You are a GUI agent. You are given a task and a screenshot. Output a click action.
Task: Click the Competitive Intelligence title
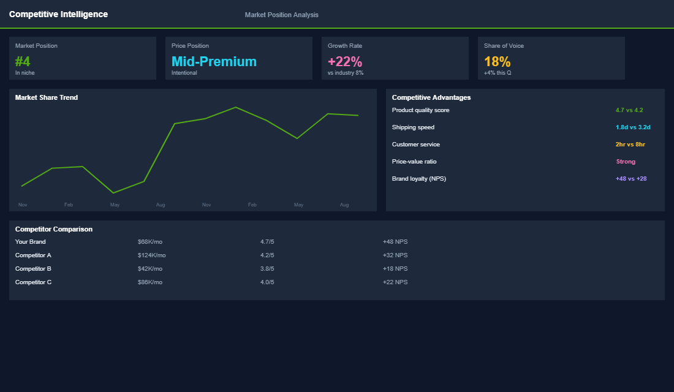[x=58, y=14]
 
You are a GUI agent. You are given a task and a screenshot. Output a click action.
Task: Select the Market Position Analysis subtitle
[x=281, y=15]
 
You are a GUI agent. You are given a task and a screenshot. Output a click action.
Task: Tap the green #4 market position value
[x=23, y=61]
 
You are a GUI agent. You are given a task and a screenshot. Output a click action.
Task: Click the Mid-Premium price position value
[x=214, y=61]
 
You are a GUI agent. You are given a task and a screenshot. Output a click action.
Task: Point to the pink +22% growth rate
[x=345, y=61]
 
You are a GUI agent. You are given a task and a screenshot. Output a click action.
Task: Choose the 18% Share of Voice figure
[x=497, y=61]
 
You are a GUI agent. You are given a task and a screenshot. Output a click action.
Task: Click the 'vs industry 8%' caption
[x=346, y=73]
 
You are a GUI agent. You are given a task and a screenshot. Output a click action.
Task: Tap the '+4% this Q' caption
[x=498, y=73]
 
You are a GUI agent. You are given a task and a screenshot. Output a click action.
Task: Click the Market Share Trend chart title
[x=47, y=97]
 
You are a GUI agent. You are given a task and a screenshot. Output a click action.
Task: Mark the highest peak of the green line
[x=236, y=107]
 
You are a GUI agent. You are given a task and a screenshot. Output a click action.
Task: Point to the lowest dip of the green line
[x=113, y=193]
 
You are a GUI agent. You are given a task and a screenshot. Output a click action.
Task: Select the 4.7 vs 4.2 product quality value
[x=629, y=110]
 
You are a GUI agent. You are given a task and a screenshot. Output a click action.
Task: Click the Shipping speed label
[x=413, y=127]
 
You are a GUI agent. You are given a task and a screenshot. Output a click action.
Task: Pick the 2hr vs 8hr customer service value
[x=630, y=145]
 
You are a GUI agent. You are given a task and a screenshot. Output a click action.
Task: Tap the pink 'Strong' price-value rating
[x=626, y=162]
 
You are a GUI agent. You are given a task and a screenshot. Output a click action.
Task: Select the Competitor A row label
[x=33, y=255]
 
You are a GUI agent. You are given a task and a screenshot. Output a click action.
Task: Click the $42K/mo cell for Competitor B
[x=150, y=269]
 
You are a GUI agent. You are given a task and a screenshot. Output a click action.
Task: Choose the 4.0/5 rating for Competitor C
[x=267, y=282]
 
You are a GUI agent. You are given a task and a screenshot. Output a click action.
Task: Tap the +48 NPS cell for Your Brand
[x=395, y=242]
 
